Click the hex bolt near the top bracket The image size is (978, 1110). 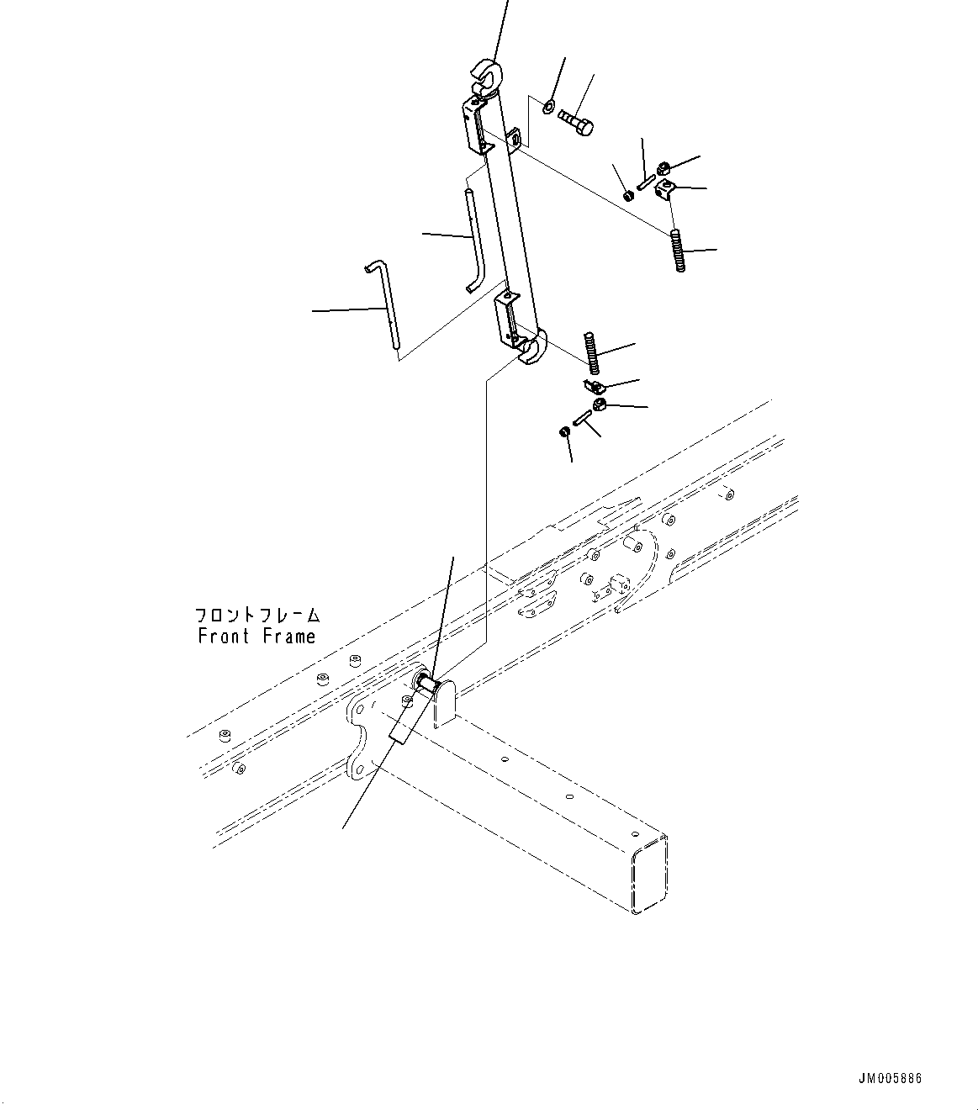click(x=576, y=120)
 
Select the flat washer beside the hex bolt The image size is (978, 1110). click(x=547, y=106)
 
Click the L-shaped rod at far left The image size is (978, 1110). click(x=386, y=308)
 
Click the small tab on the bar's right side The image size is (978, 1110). click(x=514, y=138)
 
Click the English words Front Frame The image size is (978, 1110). click(x=256, y=636)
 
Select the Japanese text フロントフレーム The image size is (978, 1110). click(x=257, y=616)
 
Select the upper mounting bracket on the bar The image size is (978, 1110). click(x=477, y=125)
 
